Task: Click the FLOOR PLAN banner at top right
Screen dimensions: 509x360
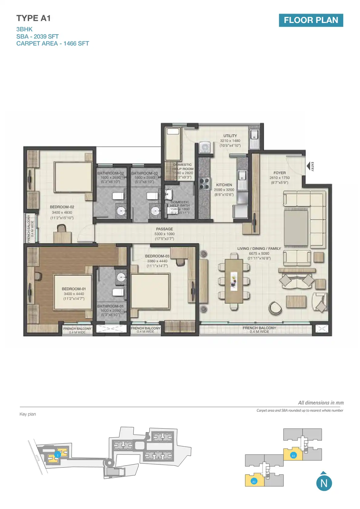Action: pos(311,20)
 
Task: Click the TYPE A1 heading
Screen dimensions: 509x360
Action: pos(34,18)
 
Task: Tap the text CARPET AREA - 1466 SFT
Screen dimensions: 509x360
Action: pos(53,44)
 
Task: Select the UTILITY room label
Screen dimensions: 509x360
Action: pos(230,136)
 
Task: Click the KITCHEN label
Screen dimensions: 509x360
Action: pos(224,185)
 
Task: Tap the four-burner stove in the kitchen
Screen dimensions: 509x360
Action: pos(204,183)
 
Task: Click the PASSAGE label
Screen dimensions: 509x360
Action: pos(165,229)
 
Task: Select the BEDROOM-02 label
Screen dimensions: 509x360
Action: pos(62,207)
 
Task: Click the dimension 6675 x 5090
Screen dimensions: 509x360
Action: pos(259,253)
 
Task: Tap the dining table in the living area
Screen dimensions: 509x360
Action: pos(234,281)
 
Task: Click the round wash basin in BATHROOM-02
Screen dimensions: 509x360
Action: pos(121,211)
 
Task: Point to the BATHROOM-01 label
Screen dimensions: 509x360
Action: pos(110,306)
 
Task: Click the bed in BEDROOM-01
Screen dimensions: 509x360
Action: pos(73,292)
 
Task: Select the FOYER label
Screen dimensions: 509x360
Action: pos(280,173)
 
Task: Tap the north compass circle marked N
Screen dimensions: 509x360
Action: pos(324,483)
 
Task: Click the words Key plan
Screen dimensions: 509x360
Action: pos(28,414)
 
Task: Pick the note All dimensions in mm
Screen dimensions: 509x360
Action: pos(321,403)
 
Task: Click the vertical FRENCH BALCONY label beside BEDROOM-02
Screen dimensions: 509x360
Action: pos(29,228)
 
